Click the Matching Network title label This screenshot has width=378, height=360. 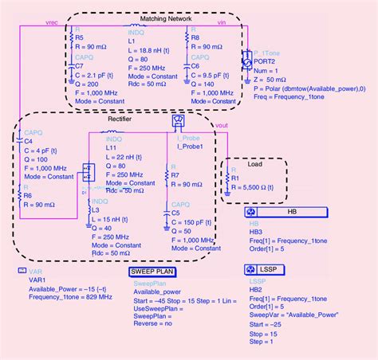[x=152, y=18]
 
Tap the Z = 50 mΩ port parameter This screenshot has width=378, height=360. [x=276, y=80]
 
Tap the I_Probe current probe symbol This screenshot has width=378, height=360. [x=177, y=121]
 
